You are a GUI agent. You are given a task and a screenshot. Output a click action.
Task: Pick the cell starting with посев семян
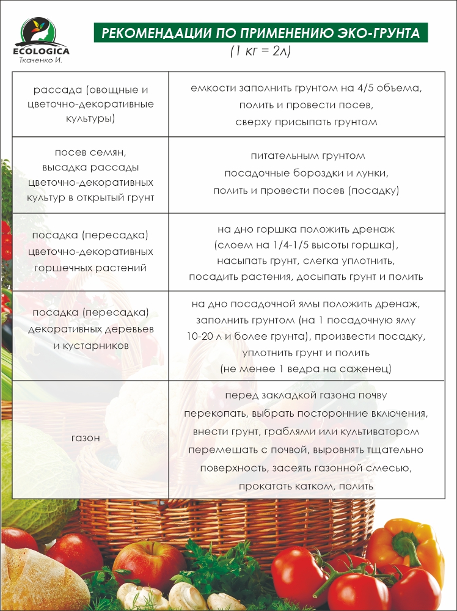(x=90, y=175)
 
